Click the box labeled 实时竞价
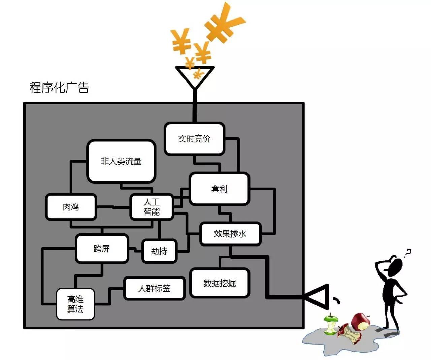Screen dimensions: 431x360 pyautogui.click(x=194, y=138)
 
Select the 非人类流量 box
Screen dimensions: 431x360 pyautogui.click(x=121, y=161)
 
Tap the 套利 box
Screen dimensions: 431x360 pyautogui.click(x=219, y=189)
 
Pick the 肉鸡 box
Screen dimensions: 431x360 pyautogui.click(x=71, y=207)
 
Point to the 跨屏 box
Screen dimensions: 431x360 pyautogui.click(x=102, y=249)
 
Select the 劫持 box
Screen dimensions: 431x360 pyautogui.click(x=159, y=251)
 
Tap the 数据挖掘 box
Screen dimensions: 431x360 pyautogui.click(x=220, y=283)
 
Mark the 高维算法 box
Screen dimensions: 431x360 pyautogui.click(x=75, y=304)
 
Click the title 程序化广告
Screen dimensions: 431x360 pyautogui.click(x=59, y=88)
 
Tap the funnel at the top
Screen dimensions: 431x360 pyautogui.click(x=195, y=77)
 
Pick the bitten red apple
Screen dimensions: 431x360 pyautogui.click(x=360, y=322)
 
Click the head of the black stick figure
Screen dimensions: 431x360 pyautogui.click(x=395, y=267)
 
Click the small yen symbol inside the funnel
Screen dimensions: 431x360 pyautogui.click(x=198, y=73)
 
